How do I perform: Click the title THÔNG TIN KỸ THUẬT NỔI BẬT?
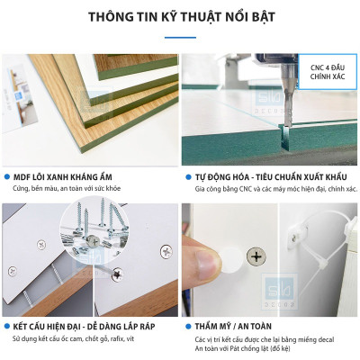click(x=180, y=17)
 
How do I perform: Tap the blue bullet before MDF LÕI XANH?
click(x=7, y=177)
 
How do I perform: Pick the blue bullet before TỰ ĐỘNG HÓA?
click(x=187, y=177)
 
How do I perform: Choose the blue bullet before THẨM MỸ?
click(x=187, y=326)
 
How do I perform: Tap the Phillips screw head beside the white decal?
click(x=256, y=257)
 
